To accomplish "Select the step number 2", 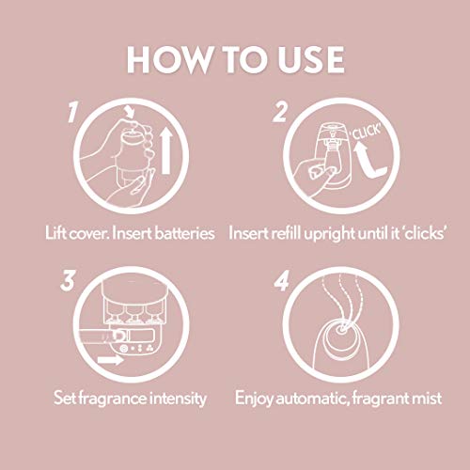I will point(279,115).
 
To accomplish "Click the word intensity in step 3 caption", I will point(177,399).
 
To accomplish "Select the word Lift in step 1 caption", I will point(56,231).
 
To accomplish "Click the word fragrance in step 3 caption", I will point(112,399).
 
